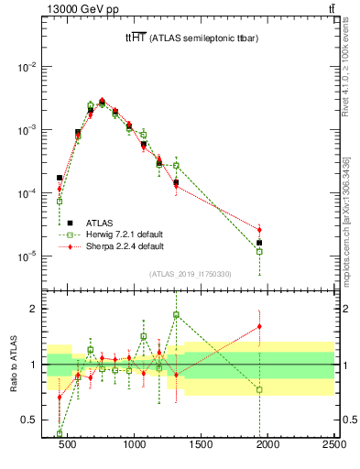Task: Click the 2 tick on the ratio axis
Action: click(x=34, y=309)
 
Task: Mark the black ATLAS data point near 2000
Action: click(x=259, y=243)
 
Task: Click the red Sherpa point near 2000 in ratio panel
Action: click(x=259, y=326)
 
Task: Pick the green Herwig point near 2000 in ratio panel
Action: click(x=259, y=389)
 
